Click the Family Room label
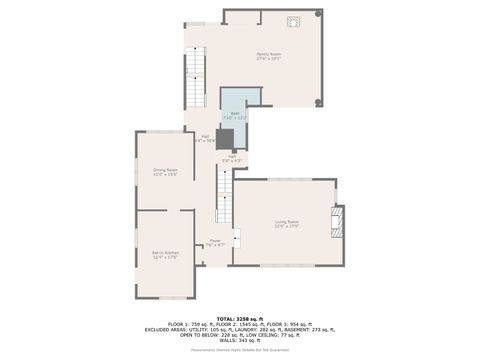[x=268, y=56]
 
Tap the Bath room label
[x=235, y=116]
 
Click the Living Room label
[x=288, y=223]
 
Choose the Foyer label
[x=214, y=242]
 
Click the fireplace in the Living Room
[x=338, y=221]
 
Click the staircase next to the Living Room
[x=225, y=195]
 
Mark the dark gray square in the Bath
[x=224, y=138]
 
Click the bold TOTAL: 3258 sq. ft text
[x=239, y=319]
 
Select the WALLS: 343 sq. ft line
[x=239, y=340]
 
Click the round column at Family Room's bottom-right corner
[x=319, y=102]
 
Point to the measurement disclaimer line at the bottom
[x=239, y=349]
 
